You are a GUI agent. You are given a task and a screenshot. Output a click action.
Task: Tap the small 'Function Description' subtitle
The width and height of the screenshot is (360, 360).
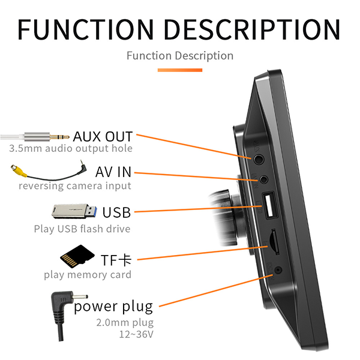(180, 56)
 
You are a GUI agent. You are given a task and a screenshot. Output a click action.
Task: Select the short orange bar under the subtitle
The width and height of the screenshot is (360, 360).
(180, 70)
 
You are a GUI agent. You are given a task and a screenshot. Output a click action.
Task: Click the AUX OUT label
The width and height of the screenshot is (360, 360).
(103, 136)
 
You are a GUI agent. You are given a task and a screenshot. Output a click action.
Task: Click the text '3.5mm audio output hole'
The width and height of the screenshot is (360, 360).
(71, 148)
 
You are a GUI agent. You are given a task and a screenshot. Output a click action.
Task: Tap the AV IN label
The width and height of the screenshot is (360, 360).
(113, 173)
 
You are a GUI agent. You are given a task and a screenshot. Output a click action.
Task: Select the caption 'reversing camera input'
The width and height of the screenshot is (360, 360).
(74, 186)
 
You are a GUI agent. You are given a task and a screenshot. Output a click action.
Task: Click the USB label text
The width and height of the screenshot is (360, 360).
(116, 212)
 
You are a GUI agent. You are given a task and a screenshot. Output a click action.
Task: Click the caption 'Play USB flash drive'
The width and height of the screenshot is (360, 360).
(82, 229)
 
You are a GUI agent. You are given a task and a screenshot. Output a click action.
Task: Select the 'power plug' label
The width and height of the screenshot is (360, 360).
(113, 307)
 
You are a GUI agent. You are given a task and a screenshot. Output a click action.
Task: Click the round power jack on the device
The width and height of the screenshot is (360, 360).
(278, 272)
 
